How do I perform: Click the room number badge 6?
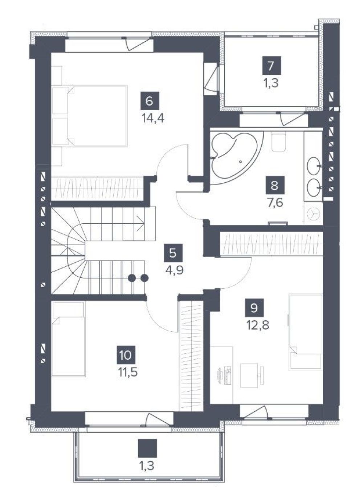(x=150, y=101)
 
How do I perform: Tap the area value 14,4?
(x=153, y=119)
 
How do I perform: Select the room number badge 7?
(x=272, y=65)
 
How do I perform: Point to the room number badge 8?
(x=275, y=185)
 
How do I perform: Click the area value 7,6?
(x=276, y=203)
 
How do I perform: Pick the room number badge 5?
(x=173, y=253)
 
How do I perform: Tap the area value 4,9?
(x=175, y=270)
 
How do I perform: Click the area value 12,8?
(x=258, y=325)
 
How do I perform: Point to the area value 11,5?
(x=128, y=372)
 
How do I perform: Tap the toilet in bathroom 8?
(x=278, y=143)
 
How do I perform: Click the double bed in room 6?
(x=90, y=116)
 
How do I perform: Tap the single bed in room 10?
(x=69, y=339)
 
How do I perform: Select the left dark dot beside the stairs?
(x=132, y=278)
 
